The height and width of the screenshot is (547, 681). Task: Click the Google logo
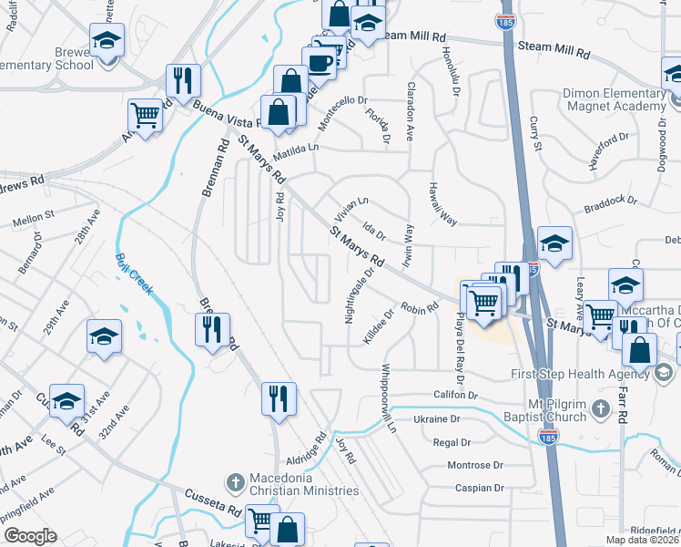point(30,536)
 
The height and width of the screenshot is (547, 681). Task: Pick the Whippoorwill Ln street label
point(390,398)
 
